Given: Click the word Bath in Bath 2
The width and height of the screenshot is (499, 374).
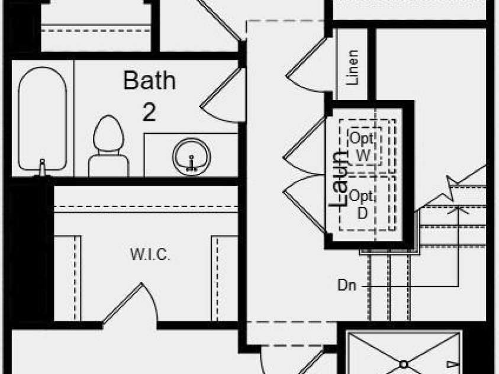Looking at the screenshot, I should point(149,80).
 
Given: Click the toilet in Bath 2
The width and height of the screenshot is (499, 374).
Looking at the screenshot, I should point(108,145).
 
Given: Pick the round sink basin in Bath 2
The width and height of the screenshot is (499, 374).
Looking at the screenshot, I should point(191,155).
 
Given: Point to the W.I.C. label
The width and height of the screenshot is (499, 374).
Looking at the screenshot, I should point(150,255).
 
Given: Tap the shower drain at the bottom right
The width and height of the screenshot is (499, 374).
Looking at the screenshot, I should point(404,365).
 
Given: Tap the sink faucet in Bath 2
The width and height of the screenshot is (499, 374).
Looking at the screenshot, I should point(191,163).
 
